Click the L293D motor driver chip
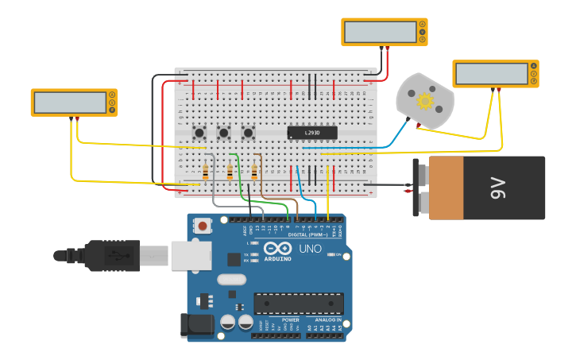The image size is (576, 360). (x=311, y=133)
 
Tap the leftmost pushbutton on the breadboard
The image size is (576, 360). (x=200, y=133)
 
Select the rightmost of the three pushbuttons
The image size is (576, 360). (x=248, y=133)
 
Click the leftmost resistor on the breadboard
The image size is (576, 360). (x=206, y=172)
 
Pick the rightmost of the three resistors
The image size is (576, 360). (x=254, y=172)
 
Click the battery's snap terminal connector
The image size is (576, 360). (x=417, y=188)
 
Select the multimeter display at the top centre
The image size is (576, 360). (x=380, y=32)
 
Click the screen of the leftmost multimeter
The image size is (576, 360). (x=69, y=103)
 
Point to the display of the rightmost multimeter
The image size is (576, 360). (x=491, y=74)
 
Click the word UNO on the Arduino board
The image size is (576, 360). (x=310, y=249)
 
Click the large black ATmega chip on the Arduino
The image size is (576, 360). (x=299, y=304)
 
